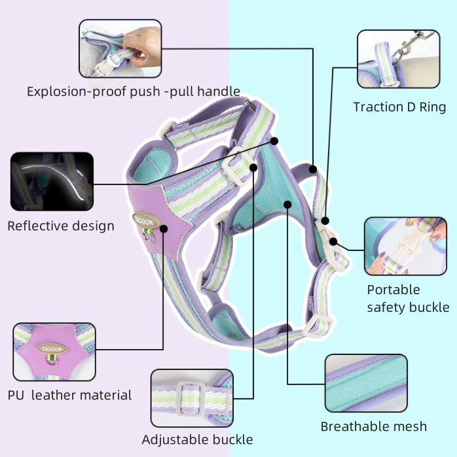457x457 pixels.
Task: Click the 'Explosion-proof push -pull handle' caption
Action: (134, 92)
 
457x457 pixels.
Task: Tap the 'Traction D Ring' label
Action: (399, 107)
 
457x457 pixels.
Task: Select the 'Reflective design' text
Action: (61, 226)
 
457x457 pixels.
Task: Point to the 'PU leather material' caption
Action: (69, 395)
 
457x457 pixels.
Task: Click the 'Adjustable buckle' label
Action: (197, 440)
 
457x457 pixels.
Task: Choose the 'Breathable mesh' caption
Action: (374, 426)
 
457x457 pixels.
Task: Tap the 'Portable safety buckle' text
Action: (408, 298)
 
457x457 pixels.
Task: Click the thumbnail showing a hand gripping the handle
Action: (120, 48)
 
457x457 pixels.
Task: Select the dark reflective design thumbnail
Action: (52, 181)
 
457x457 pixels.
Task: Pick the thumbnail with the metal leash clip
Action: (398, 59)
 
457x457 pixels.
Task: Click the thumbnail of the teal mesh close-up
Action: (366, 383)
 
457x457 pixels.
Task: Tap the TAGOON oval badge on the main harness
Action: (146, 220)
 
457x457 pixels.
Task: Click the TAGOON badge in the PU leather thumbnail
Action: (52, 348)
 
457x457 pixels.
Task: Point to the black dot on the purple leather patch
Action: (164, 229)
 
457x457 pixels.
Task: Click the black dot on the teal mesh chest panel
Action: (287, 205)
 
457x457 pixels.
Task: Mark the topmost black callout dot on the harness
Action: (274, 141)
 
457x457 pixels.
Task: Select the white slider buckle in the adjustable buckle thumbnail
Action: (191, 398)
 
